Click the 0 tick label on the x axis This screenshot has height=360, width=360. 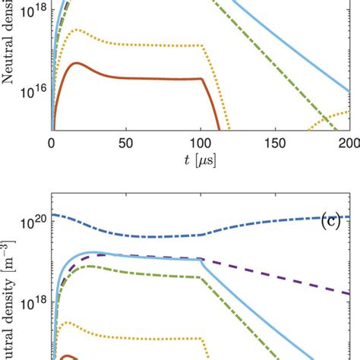coord(51,145)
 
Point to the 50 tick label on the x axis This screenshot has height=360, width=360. coord(125,145)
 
